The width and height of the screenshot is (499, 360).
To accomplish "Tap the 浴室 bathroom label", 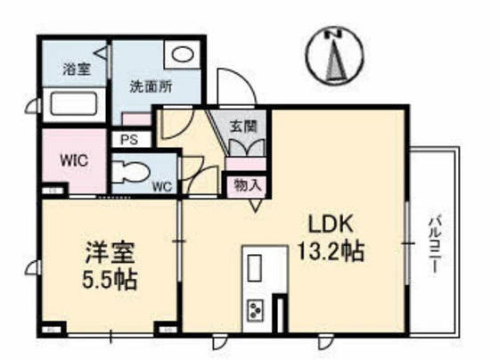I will click(73, 68).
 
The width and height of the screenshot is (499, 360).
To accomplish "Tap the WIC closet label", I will click(71, 161).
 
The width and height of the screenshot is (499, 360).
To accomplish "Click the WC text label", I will click(161, 186).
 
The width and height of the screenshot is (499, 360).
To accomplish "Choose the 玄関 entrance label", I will click(243, 127).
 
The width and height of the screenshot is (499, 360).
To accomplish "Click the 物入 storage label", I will click(247, 185).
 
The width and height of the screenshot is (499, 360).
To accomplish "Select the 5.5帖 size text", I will click(107, 279).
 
